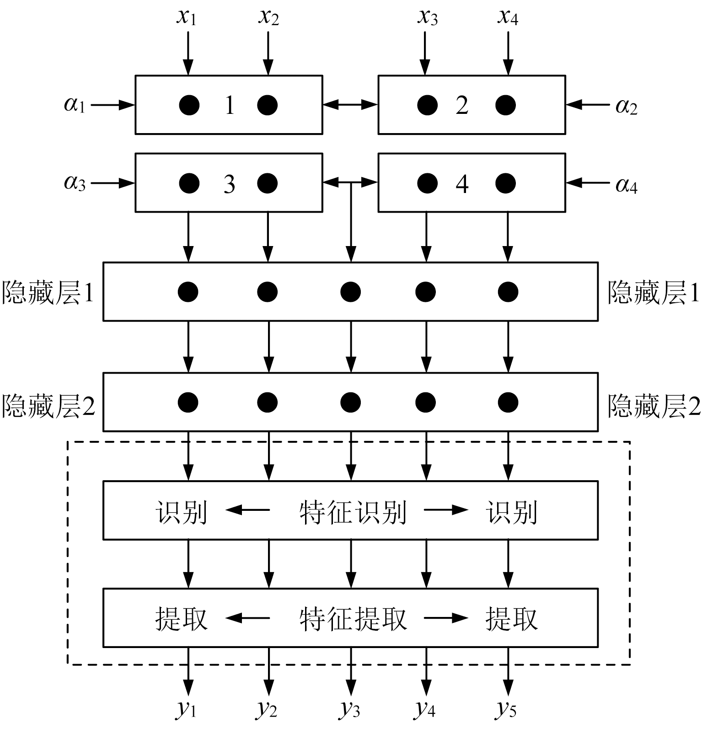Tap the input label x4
tap(508, 17)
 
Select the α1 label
tap(75, 105)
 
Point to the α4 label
tap(626, 184)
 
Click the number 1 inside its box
tap(230, 105)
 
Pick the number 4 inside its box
tap(462, 184)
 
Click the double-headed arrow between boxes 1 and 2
tap(350, 105)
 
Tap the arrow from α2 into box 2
tap(587, 105)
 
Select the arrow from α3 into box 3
tap(113, 183)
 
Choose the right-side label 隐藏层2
tap(654, 405)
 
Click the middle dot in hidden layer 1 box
tap(350, 292)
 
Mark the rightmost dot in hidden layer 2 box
tap(508, 402)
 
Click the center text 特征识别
tap(353, 512)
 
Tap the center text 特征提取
tap(353, 619)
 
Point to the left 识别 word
tap(181, 512)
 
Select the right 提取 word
tap(511, 619)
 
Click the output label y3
tap(350, 709)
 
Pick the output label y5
tap(506, 709)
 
